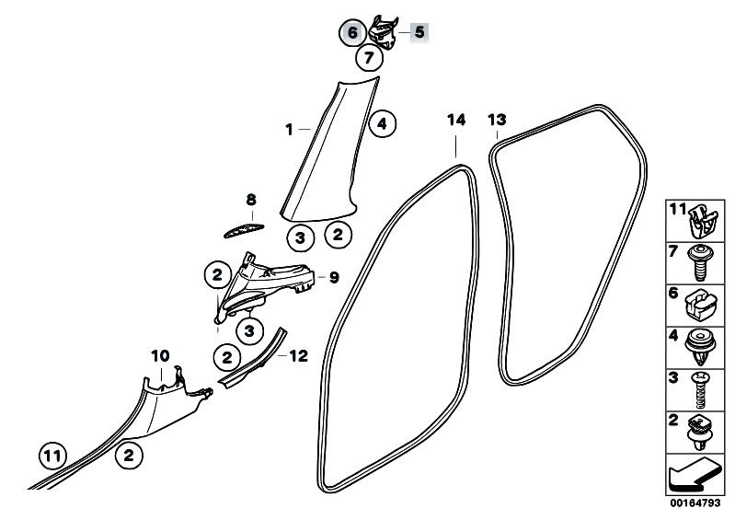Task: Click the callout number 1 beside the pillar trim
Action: (x=288, y=131)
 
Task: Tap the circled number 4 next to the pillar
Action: (x=382, y=122)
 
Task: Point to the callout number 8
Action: (x=250, y=200)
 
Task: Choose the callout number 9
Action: (x=334, y=275)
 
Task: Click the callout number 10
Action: (x=160, y=354)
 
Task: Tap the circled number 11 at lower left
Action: (x=53, y=454)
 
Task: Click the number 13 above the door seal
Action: (x=497, y=121)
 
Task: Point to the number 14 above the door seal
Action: (x=457, y=121)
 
